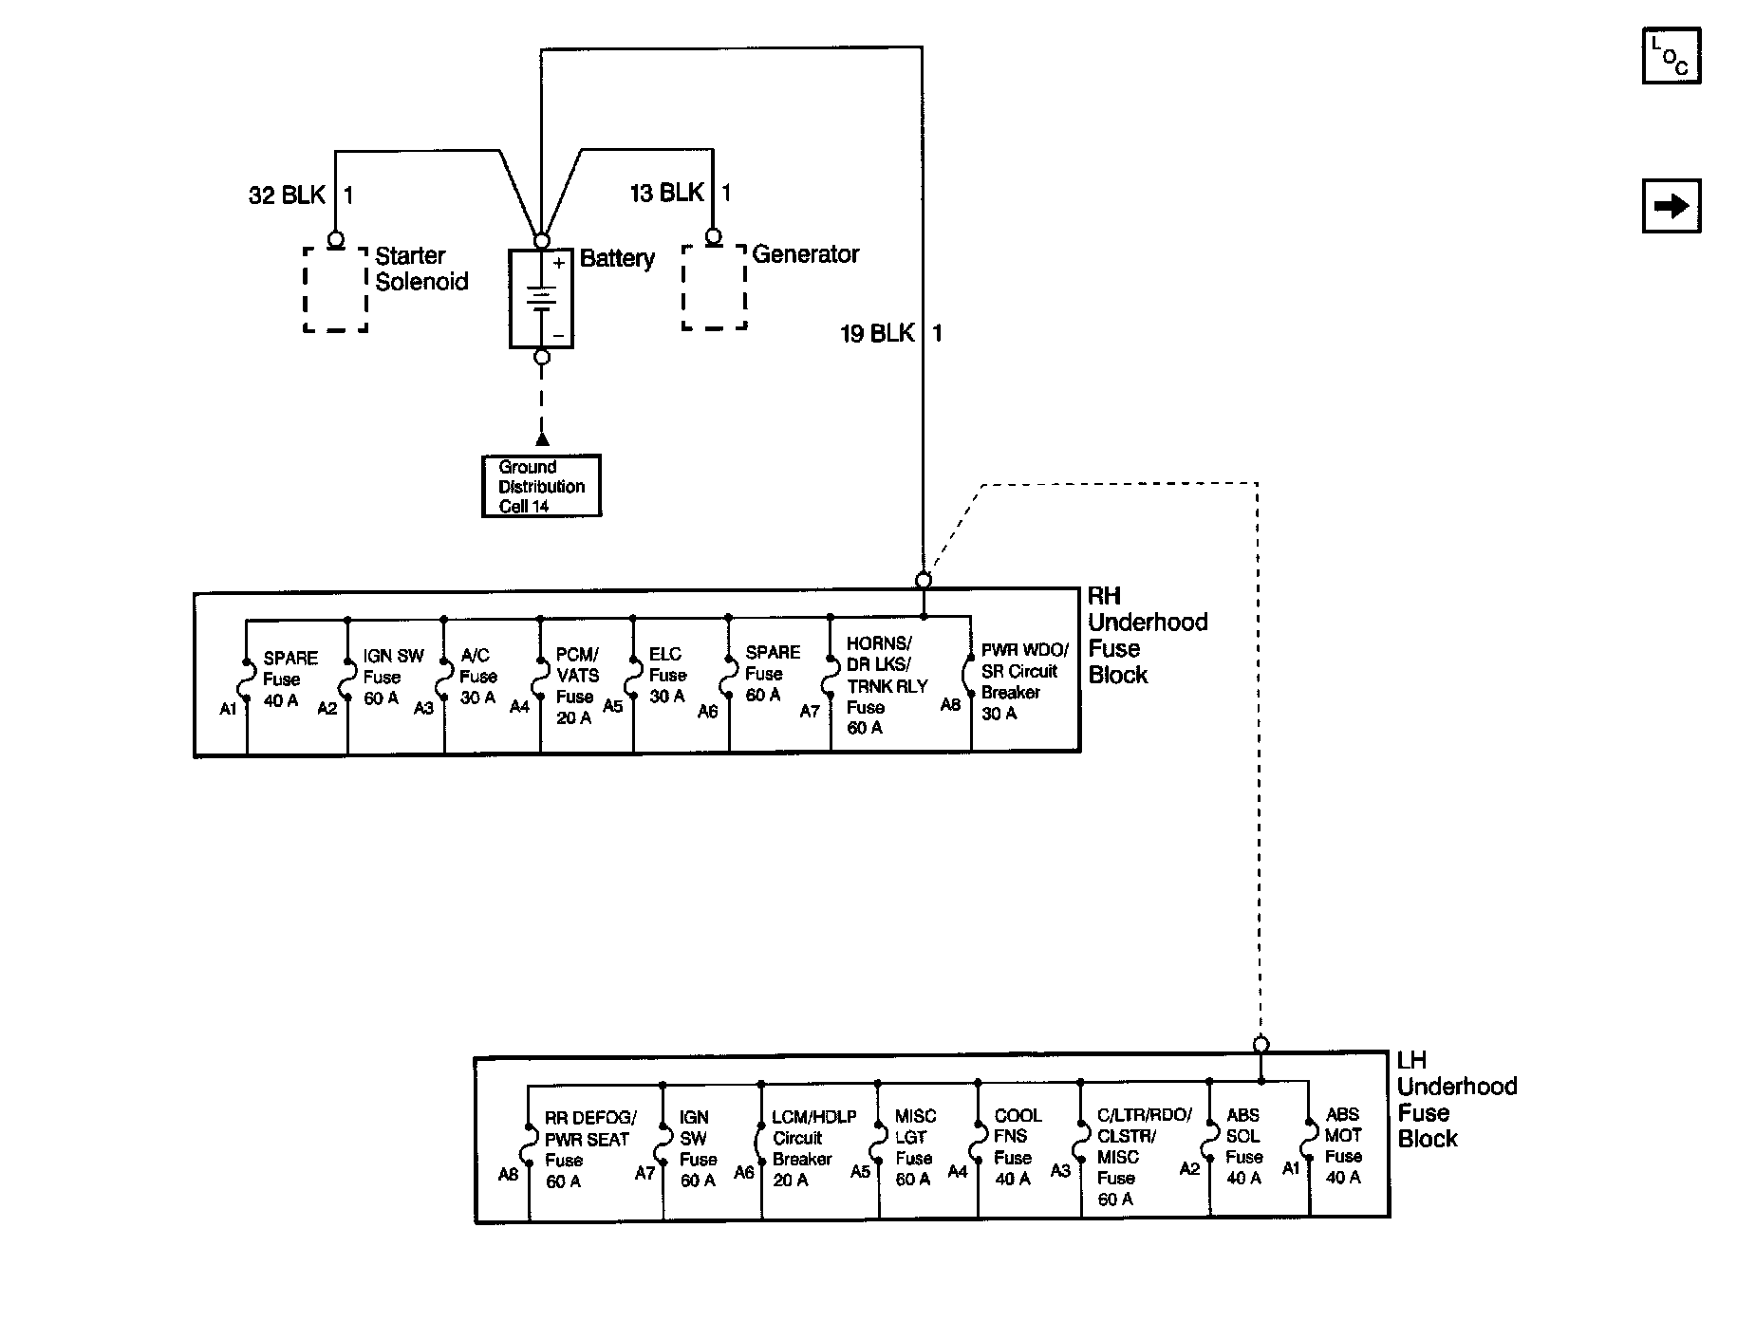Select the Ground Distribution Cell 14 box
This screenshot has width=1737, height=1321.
tap(542, 486)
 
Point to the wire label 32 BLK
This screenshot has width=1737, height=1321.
tap(287, 195)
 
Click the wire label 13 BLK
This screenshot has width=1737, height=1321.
tap(667, 194)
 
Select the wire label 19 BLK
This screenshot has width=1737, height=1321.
tap(878, 333)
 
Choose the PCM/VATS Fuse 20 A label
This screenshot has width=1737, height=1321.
tap(577, 686)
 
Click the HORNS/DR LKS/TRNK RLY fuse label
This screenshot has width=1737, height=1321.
tap(887, 685)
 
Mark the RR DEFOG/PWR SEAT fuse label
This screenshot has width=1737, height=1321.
tap(590, 1149)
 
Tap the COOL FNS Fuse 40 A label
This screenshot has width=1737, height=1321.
tap(1018, 1146)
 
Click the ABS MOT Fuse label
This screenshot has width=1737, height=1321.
tap(1344, 1145)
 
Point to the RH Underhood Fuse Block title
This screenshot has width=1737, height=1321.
tap(1148, 636)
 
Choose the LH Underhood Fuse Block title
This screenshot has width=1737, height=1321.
tap(1457, 1100)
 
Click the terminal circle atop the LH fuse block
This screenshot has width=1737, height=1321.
tap(1261, 1045)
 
